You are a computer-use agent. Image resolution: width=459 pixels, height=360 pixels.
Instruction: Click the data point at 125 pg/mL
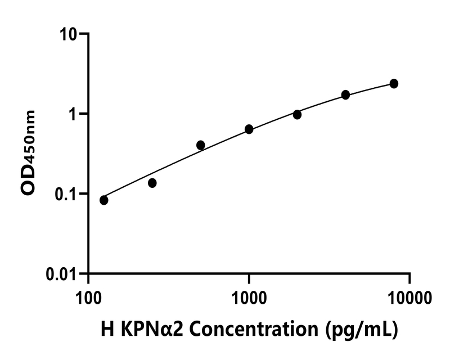(x=104, y=200)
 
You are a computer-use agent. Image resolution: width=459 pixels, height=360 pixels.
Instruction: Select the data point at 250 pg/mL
(x=152, y=183)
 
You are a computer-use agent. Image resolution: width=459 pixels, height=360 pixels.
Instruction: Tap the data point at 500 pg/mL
(x=201, y=145)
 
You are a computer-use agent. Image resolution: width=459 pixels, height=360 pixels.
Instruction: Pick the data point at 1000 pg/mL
(x=249, y=129)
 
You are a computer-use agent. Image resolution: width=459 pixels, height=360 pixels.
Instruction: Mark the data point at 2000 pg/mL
(x=297, y=114)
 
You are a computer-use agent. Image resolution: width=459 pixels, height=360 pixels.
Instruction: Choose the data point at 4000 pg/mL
(x=345, y=94)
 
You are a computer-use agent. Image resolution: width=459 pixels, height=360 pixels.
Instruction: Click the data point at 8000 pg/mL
(x=394, y=83)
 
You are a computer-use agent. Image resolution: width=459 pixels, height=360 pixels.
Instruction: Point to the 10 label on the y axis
(x=71, y=34)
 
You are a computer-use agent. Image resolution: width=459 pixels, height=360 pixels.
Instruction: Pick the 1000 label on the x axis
(x=249, y=296)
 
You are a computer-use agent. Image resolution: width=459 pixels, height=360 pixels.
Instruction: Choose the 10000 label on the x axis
(x=409, y=296)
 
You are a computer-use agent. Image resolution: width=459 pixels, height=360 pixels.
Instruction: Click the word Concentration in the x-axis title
(x=256, y=328)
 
